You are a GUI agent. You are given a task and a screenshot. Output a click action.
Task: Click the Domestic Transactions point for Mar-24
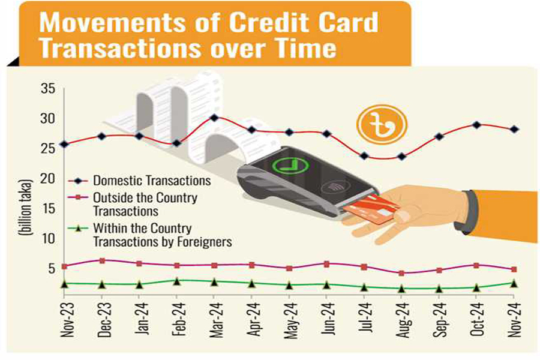pyautogui.click(x=214, y=118)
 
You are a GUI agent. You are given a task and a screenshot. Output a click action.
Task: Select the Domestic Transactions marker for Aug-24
pyautogui.click(x=401, y=157)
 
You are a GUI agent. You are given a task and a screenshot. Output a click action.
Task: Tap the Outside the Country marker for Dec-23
pyautogui.click(x=102, y=260)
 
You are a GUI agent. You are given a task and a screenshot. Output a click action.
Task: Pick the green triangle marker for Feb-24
pyautogui.click(x=176, y=281)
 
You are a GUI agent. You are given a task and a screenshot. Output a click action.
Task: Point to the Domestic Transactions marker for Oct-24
pyautogui.click(x=476, y=125)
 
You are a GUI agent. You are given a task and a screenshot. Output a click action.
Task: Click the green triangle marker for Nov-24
pyautogui.click(x=514, y=283)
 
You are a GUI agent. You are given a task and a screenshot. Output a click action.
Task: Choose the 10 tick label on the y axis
pyautogui.click(x=49, y=238)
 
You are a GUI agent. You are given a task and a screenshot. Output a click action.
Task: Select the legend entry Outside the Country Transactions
pyautogui.click(x=144, y=204)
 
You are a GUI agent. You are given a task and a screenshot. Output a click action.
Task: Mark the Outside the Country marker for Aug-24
pyautogui.click(x=401, y=273)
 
